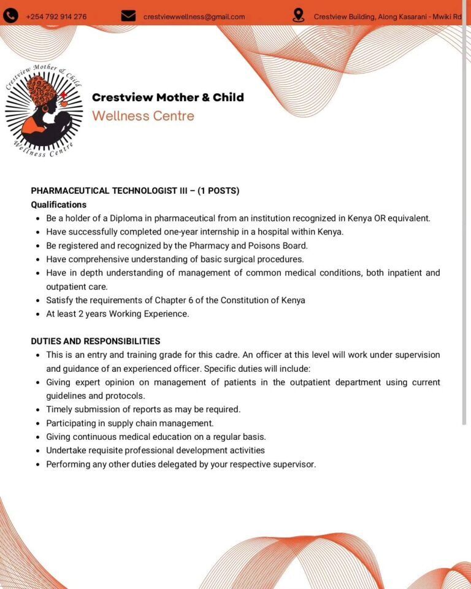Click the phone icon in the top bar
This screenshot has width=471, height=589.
point(10,16)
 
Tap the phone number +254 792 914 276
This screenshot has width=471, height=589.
point(56,17)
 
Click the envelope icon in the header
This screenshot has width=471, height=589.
point(128,16)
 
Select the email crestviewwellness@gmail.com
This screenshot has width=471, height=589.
point(194,17)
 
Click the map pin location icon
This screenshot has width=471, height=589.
point(299,16)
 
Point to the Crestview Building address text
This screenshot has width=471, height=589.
point(388,17)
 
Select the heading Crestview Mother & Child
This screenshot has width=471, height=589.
point(167,97)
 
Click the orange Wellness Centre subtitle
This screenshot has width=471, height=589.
point(143,116)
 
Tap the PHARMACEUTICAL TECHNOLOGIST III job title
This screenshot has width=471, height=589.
point(109,191)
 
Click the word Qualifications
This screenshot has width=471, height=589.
point(59,204)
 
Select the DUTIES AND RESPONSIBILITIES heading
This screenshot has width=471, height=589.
point(96,341)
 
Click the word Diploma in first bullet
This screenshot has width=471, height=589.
point(126,218)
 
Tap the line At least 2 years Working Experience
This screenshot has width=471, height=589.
point(118,314)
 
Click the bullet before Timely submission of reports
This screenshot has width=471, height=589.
point(37,409)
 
